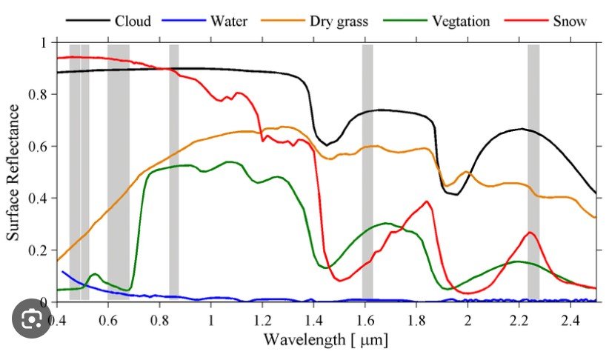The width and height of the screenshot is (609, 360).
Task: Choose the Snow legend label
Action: pos(570,21)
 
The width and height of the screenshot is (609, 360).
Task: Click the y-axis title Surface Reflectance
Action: pos(13,172)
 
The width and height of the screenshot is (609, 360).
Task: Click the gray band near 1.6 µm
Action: pos(367,170)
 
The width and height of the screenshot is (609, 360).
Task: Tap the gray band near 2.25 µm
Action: pos(533,170)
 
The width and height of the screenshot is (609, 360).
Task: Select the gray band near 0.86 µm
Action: pos(174,170)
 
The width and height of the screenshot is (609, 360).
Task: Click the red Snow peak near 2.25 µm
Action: pos(530,233)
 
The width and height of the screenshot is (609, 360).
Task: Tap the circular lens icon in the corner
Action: pos(32,321)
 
